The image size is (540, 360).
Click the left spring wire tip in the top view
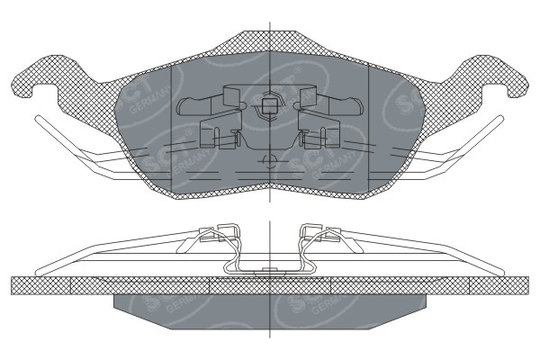coord(38,120)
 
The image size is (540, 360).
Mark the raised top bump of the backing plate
coord(270,40)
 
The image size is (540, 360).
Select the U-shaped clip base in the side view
coord(269,267)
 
